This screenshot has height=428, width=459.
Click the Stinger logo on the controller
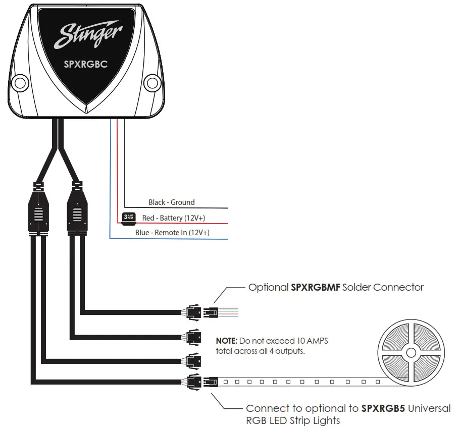click(x=88, y=36)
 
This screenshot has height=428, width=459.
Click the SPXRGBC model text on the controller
click(x=85, y=65)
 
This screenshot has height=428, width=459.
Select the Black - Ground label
click(x=171, y=202)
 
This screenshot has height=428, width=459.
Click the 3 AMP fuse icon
click(x=129, y=218)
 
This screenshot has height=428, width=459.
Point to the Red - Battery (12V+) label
click(x=173, y=218)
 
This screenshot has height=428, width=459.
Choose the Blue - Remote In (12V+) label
click(x=172, y=233)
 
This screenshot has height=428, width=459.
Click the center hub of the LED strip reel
click(x=411, y=352)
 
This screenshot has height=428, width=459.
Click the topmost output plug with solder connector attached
click(x=194, y=312)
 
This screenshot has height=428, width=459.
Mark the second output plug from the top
click(x=194, y=337)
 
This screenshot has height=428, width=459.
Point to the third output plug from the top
click(x=194, y=360)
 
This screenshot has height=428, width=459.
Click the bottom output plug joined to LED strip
click(x=194, y=382)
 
